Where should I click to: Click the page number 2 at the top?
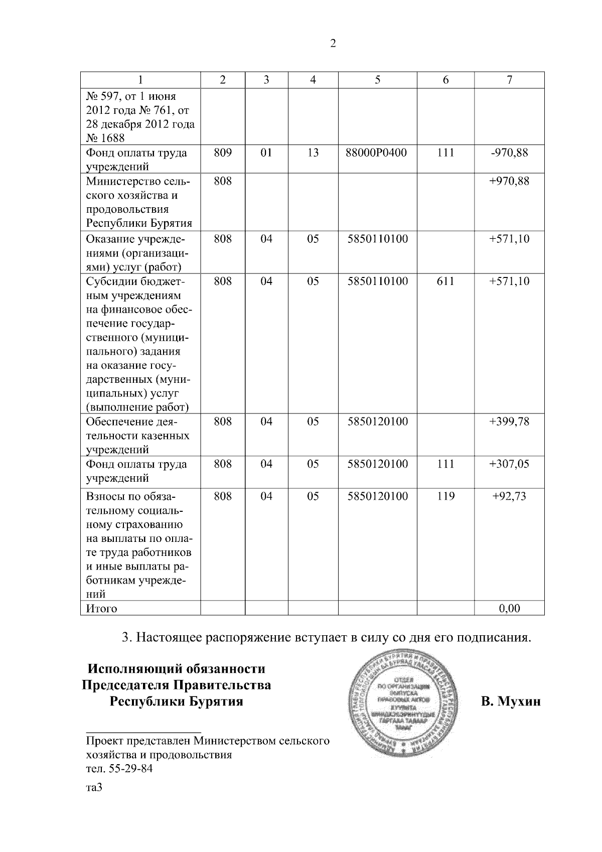coord(333,44)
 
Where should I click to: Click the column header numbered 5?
coord(377,80)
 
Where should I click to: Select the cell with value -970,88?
coord(509,153)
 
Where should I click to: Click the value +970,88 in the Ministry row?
coord(509,181)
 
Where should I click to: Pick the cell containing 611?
coord(445,281)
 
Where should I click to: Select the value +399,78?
coord(509,421)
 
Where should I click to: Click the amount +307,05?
coord(509,464)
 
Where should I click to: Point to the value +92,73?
coord(509,496)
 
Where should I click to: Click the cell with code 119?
coord(445,496)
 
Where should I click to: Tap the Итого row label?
coord(102,609)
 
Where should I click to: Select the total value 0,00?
coord(509,609)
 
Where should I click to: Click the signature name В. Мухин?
coord(511,701)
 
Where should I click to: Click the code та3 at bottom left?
coord(94,788)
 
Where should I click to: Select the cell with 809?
coord(223,153)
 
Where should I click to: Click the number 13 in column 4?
coord(313,153)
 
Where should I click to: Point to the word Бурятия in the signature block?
coord(217,701)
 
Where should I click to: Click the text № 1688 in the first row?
coord(105,138)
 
